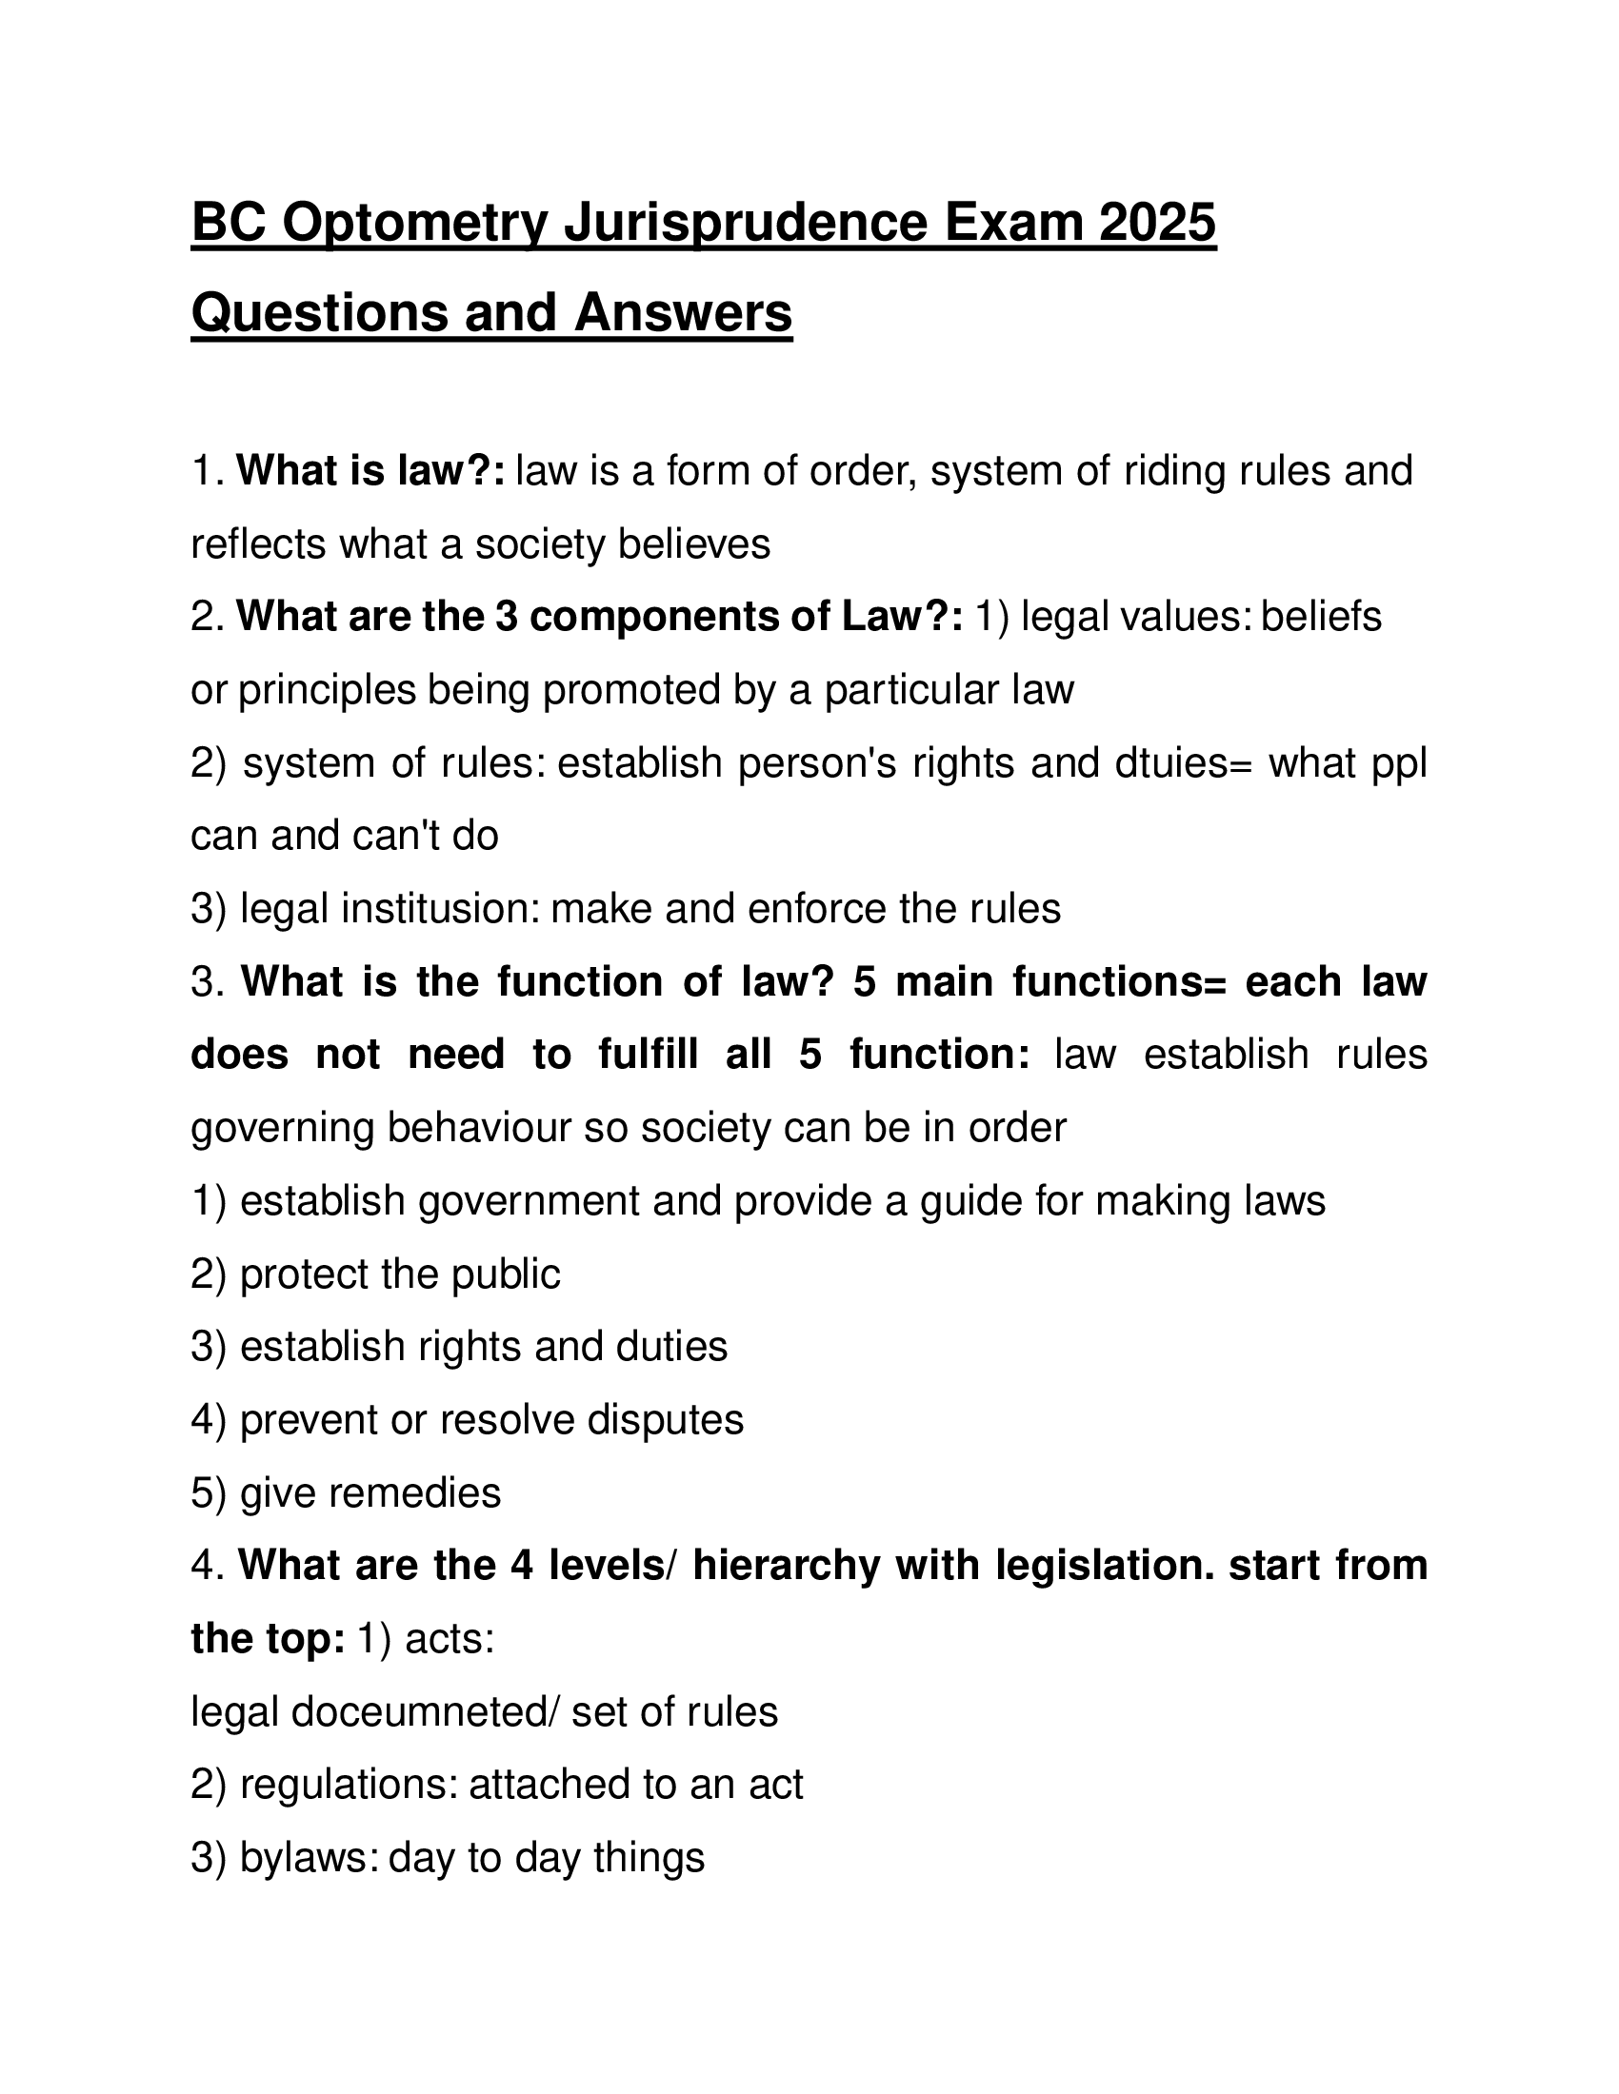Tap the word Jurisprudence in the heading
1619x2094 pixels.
tap(745, 223)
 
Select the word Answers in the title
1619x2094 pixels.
tap(683, 312)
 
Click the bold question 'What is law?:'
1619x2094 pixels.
tap(370, 471)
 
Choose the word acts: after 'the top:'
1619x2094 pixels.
tap(450, 1639)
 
